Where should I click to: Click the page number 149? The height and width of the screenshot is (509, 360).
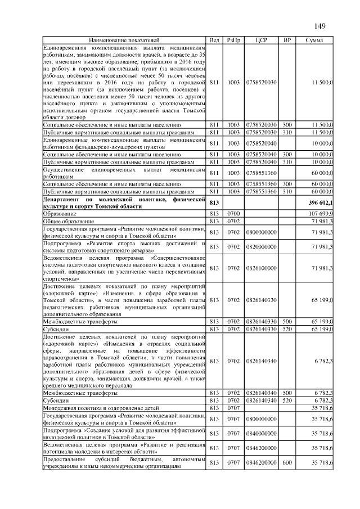click(320, 25)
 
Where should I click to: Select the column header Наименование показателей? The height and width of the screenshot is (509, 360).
click(124, 41)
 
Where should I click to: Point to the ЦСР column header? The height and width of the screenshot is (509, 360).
click(260, 41)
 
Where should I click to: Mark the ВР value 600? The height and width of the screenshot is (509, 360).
click(287, 463)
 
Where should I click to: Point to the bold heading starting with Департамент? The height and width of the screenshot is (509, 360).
click(124, 202)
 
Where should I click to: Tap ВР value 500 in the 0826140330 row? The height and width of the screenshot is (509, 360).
click(287, 321)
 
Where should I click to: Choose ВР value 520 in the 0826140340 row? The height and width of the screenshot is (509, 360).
click(287, 400)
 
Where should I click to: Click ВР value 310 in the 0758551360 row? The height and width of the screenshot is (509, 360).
click(287, 192)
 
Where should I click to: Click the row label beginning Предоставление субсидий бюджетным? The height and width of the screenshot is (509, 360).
click(124, 463)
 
